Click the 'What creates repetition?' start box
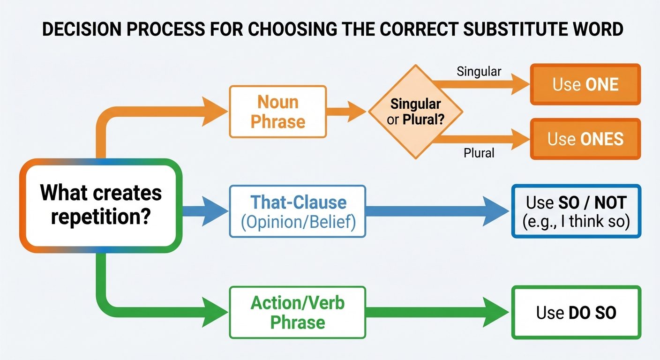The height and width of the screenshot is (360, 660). (x=100, y=205)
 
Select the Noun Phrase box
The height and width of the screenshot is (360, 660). (x=277, y=112)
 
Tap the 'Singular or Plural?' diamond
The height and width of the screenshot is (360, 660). (x=415, y=112)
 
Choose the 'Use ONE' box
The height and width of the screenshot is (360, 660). (x=585, y=84)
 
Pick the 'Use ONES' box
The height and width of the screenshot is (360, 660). (x=585, y=139)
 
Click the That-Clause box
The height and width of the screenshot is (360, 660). (x=298, y=211)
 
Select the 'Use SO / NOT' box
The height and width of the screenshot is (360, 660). (x=576, y=211)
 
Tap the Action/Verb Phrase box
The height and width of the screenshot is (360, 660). (x=298, y=313)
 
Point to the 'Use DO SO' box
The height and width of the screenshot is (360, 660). (x=576, y=313)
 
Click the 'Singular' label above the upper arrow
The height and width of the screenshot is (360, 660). (x=479, y=72)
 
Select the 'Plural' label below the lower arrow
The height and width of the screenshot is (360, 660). (x=479, y=153)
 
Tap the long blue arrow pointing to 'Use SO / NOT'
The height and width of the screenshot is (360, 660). (x=436, y=211)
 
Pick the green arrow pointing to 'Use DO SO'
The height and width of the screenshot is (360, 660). (x=436, y=313)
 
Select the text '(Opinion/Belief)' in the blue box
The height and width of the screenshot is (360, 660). (x=298, y=221)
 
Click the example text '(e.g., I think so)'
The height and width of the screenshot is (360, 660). (x=576, y=221)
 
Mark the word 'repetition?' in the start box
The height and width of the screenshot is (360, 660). (x=100, y=217)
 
